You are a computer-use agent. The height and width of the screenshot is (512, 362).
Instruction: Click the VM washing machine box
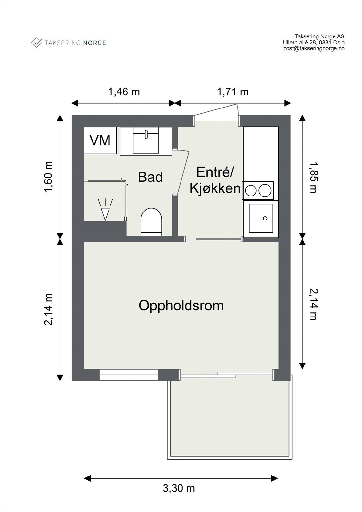tap(100, 140)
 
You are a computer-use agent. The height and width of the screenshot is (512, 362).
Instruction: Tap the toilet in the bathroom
tap(151, 221)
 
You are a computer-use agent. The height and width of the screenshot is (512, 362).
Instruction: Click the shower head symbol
tap(105, 211)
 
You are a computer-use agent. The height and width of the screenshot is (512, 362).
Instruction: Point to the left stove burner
tap(251, 191)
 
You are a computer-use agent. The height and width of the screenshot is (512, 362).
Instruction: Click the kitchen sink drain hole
tap(265, 218)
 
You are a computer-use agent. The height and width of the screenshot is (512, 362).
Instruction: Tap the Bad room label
tap(150, 177)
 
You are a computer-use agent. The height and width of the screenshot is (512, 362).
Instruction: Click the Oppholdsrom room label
tap(181, 306)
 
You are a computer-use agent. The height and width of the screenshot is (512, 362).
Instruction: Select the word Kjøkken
tap(215, 189)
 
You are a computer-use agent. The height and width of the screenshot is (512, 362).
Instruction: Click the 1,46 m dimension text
tap(124, 92)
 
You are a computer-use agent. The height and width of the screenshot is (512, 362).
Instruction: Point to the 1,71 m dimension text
tap(233, 92)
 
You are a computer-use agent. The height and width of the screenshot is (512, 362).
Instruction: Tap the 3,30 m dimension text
tap(179, 488)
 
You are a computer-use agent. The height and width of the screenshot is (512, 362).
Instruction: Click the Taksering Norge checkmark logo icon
tap(36, 43)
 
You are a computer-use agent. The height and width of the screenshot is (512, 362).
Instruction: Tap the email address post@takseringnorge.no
tap(314, 49)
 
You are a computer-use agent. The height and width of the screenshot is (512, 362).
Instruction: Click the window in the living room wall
tap(129, 375)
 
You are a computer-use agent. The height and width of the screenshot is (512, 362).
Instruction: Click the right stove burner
tap(265, 191)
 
